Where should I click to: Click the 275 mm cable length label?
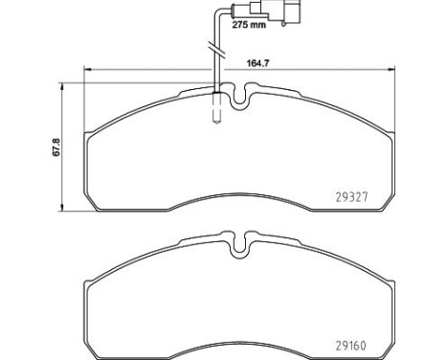tap(249, 25)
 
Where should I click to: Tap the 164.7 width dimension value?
tap(258, 63)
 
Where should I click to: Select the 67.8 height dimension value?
tap(56, 147)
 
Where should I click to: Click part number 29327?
tap(351, 197)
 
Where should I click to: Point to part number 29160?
tap(351, 346)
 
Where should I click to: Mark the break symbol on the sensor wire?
tap(216, 50)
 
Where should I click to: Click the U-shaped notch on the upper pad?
tap(239, 97)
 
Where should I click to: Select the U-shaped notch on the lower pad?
tap(239, 245)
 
